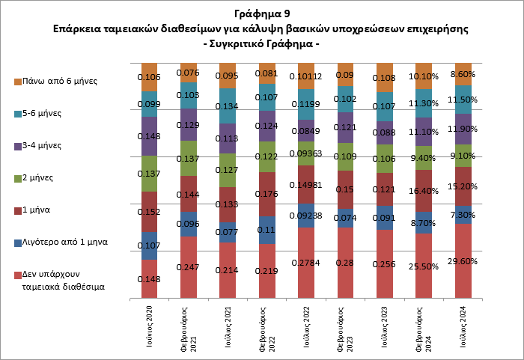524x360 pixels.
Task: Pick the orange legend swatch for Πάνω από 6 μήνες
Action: [18, 81]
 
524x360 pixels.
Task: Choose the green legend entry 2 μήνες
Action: [42, 177]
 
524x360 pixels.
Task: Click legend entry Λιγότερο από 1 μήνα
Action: [64, 242]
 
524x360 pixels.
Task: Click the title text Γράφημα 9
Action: [261, 13]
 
